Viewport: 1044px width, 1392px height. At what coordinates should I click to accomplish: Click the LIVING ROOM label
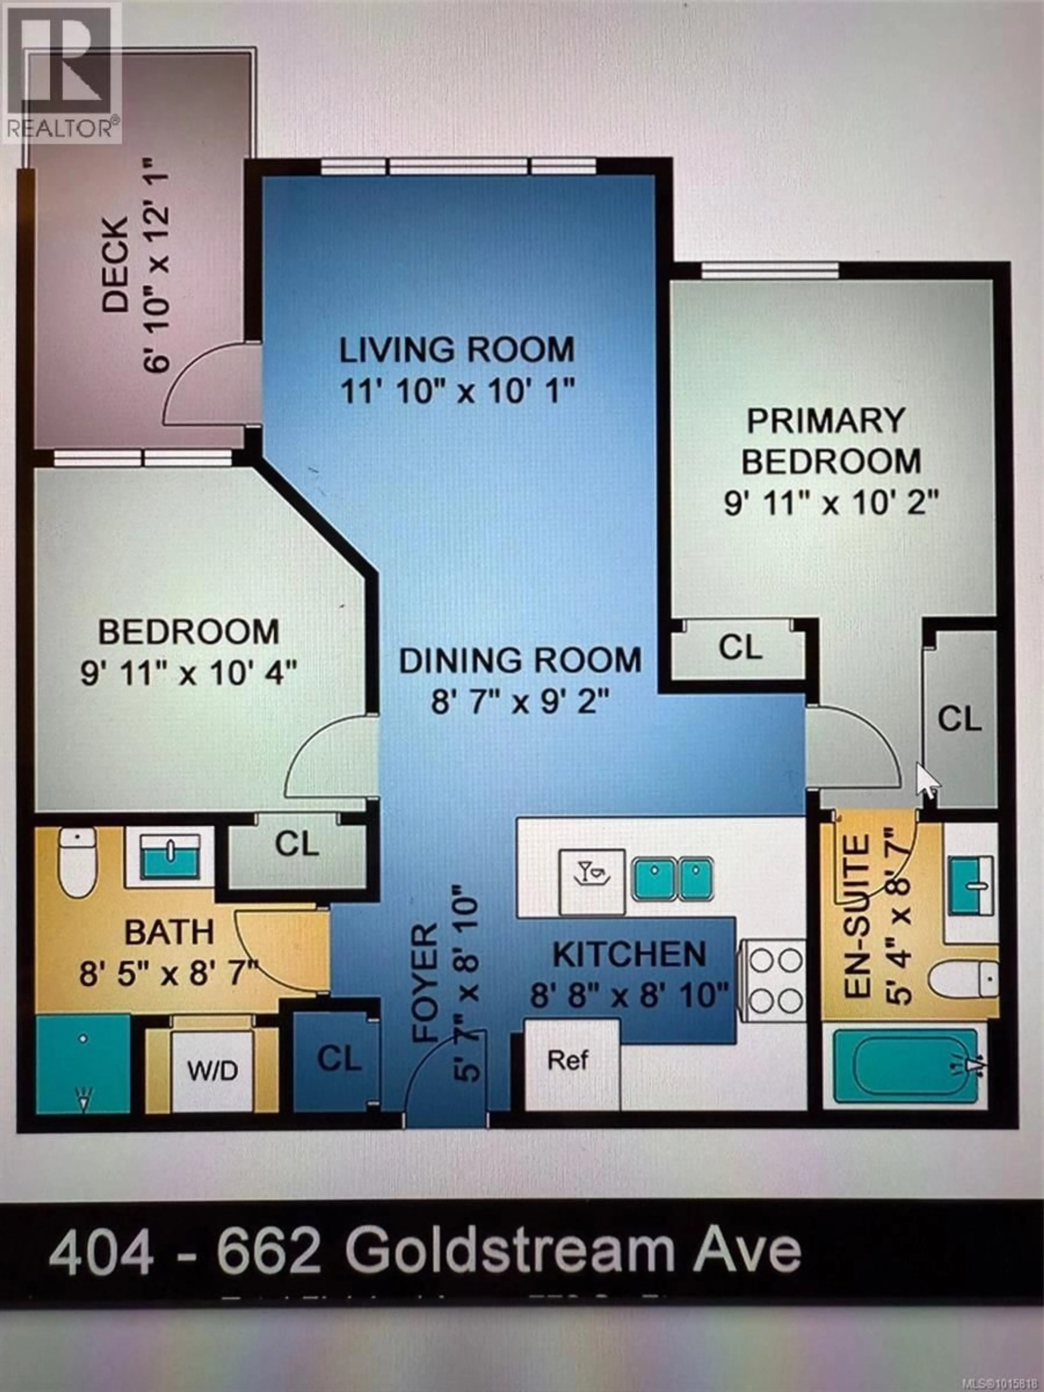coord(457,350)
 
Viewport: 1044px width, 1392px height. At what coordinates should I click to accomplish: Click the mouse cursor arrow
coord(926,780)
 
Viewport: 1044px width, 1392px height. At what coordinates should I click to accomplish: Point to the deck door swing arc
coord(208,384)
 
